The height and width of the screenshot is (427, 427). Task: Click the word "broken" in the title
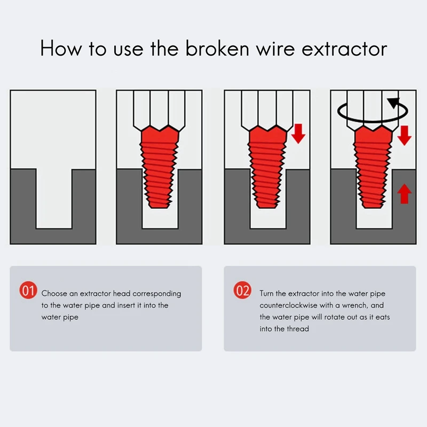point(217,49)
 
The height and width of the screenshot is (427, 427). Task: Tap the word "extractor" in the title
point(344,49)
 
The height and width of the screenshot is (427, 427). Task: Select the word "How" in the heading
point(61,49)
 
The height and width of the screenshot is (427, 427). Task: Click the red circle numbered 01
point(28,290)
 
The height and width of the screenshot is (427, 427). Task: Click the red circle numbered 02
point(242,290)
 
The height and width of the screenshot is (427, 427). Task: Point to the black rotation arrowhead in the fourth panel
point(393,103)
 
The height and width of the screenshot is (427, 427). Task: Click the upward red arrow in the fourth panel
point(405,194)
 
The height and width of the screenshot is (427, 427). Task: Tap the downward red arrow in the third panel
point(298,133)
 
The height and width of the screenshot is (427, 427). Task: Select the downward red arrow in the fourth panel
point(405,136)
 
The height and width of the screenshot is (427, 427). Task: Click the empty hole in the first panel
point(54,198)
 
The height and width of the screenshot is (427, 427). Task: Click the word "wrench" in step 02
point(354,305)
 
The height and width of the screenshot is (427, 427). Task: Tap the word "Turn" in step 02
point(266,294)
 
